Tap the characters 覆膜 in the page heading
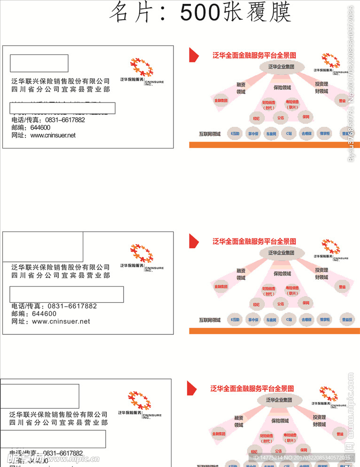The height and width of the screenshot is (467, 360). pos(271,13)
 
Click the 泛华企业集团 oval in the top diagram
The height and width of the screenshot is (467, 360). pos(282,67)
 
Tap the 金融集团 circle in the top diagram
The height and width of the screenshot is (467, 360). pos(221,100)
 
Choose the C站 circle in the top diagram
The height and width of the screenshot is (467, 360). pos(289,134)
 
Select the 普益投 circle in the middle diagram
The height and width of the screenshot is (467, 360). pos(347,319)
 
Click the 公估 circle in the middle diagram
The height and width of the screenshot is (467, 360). pos(281,304)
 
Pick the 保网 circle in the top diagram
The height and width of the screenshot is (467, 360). pos(305,117)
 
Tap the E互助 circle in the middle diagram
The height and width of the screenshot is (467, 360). pos(235,319)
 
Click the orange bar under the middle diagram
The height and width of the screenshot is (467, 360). pos(274,331)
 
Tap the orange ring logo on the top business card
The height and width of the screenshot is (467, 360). pos(141,68)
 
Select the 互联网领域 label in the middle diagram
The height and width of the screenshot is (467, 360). pos(210,320)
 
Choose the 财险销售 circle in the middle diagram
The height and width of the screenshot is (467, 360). pos(269,291)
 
